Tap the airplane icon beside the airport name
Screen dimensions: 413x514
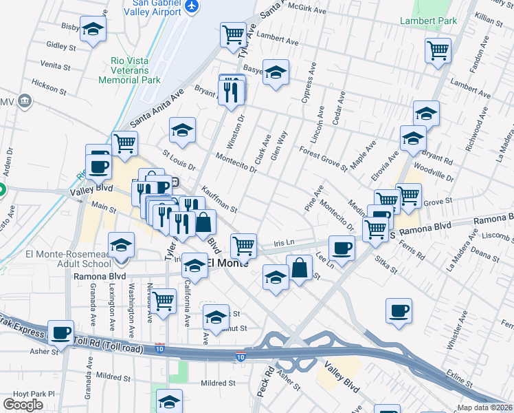192,6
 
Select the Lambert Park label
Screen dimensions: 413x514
429,21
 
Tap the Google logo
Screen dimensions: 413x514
23,404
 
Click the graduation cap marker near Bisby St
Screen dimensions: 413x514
93,30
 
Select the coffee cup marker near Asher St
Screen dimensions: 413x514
61,333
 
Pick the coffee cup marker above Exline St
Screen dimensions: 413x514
399,311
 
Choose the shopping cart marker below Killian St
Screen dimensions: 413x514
438,50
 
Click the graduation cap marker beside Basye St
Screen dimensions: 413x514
276,72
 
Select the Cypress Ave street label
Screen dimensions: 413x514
307,86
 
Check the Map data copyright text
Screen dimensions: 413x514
485,407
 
